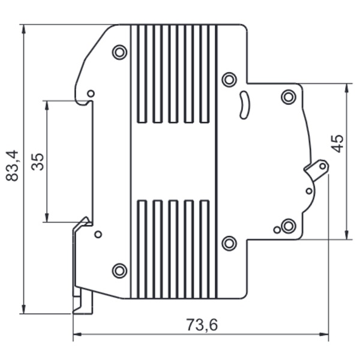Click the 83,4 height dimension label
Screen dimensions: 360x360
(x=12, y=166)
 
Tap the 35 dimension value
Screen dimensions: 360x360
(x=37, y=162)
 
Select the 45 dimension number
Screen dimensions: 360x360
(x=338, y=144)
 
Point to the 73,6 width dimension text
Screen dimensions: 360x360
(x=202, y=325)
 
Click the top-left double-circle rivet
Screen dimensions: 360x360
(x=119, y=52)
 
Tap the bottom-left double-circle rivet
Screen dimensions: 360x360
(x=119, y=271)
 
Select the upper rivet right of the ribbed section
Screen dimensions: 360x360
(x=229, y=80)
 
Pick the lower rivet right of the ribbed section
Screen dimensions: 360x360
(x=229, y=243)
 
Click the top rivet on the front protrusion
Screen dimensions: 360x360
(x=289, y=97)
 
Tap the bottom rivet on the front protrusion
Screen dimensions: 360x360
(x=289, y=226)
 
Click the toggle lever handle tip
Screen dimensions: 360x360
(x=323, y=166)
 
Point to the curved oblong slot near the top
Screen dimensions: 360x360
(x=244, y=105)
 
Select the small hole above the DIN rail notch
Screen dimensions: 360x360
(x=91, y=94)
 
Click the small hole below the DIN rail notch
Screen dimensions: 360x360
(x=98, y=234)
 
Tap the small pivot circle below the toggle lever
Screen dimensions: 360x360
(x=309, y=191)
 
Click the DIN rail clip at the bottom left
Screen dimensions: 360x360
(x=83, y=300)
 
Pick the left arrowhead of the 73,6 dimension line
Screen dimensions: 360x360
(x=77, y=334)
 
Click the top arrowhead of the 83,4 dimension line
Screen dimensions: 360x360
(x=24, y=29)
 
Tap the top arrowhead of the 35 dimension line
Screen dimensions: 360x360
(x=47, y=105)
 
